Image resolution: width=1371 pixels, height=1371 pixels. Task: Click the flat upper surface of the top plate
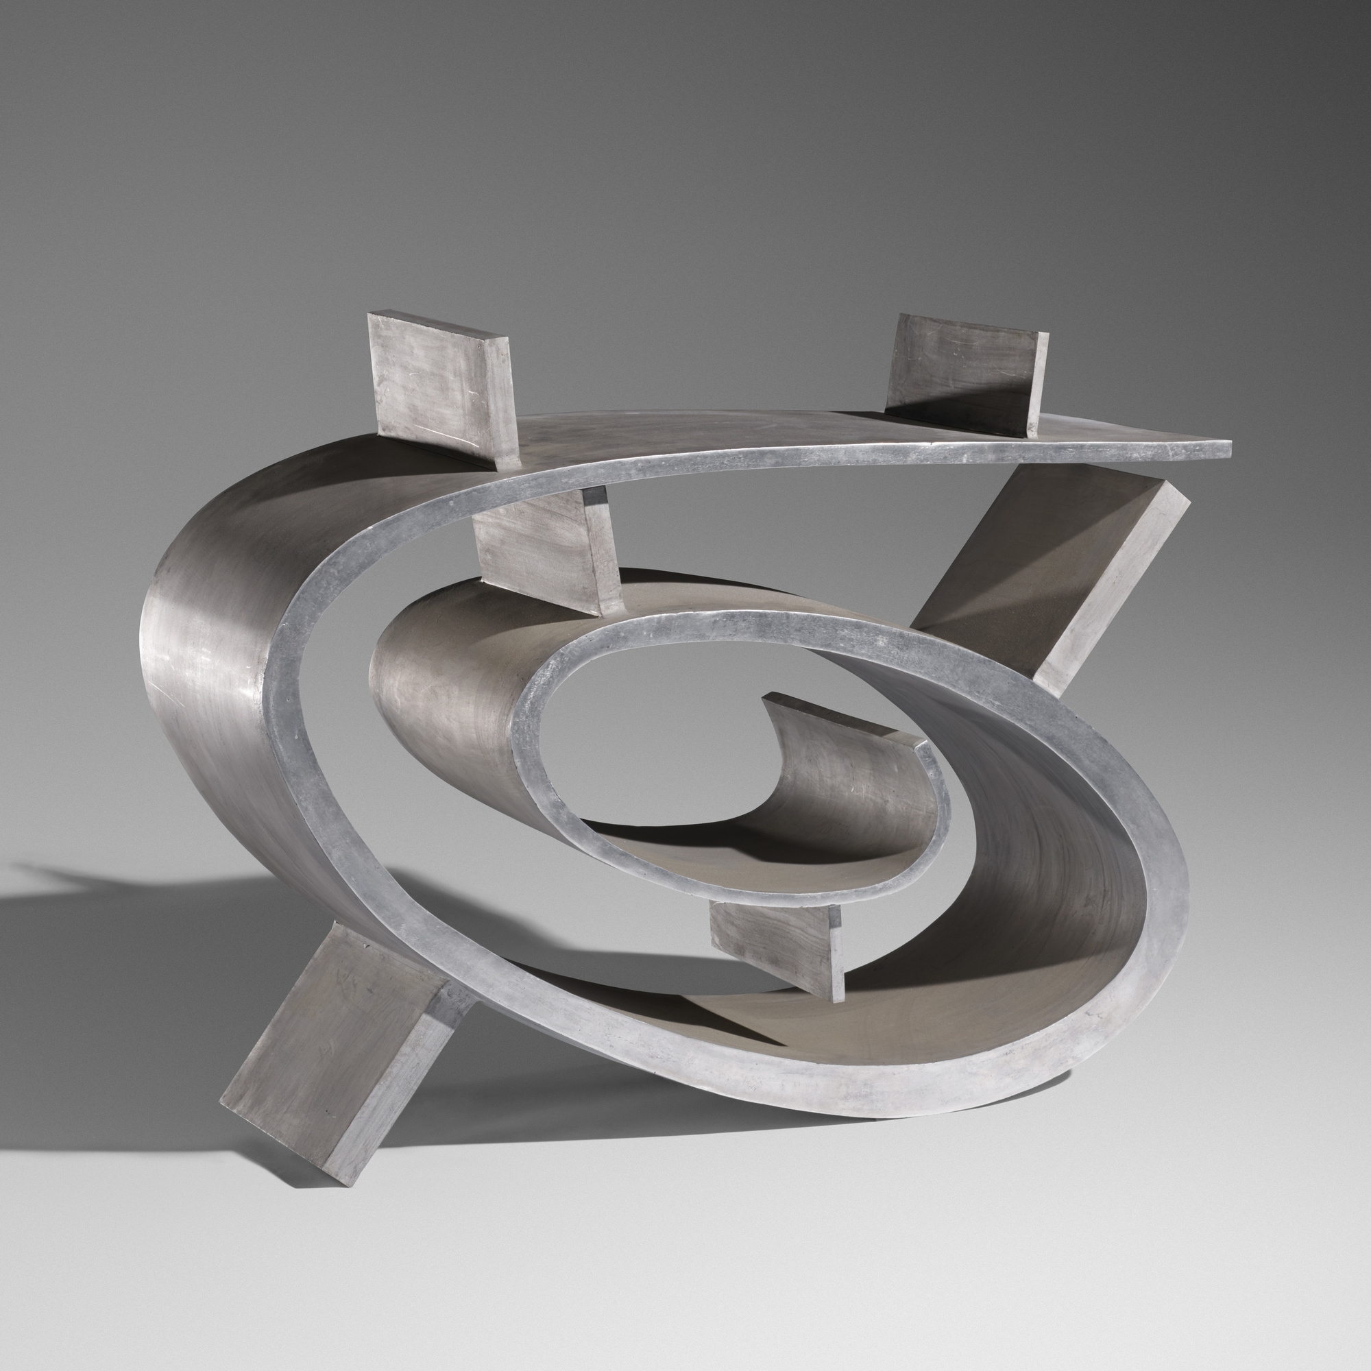point(709,437)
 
